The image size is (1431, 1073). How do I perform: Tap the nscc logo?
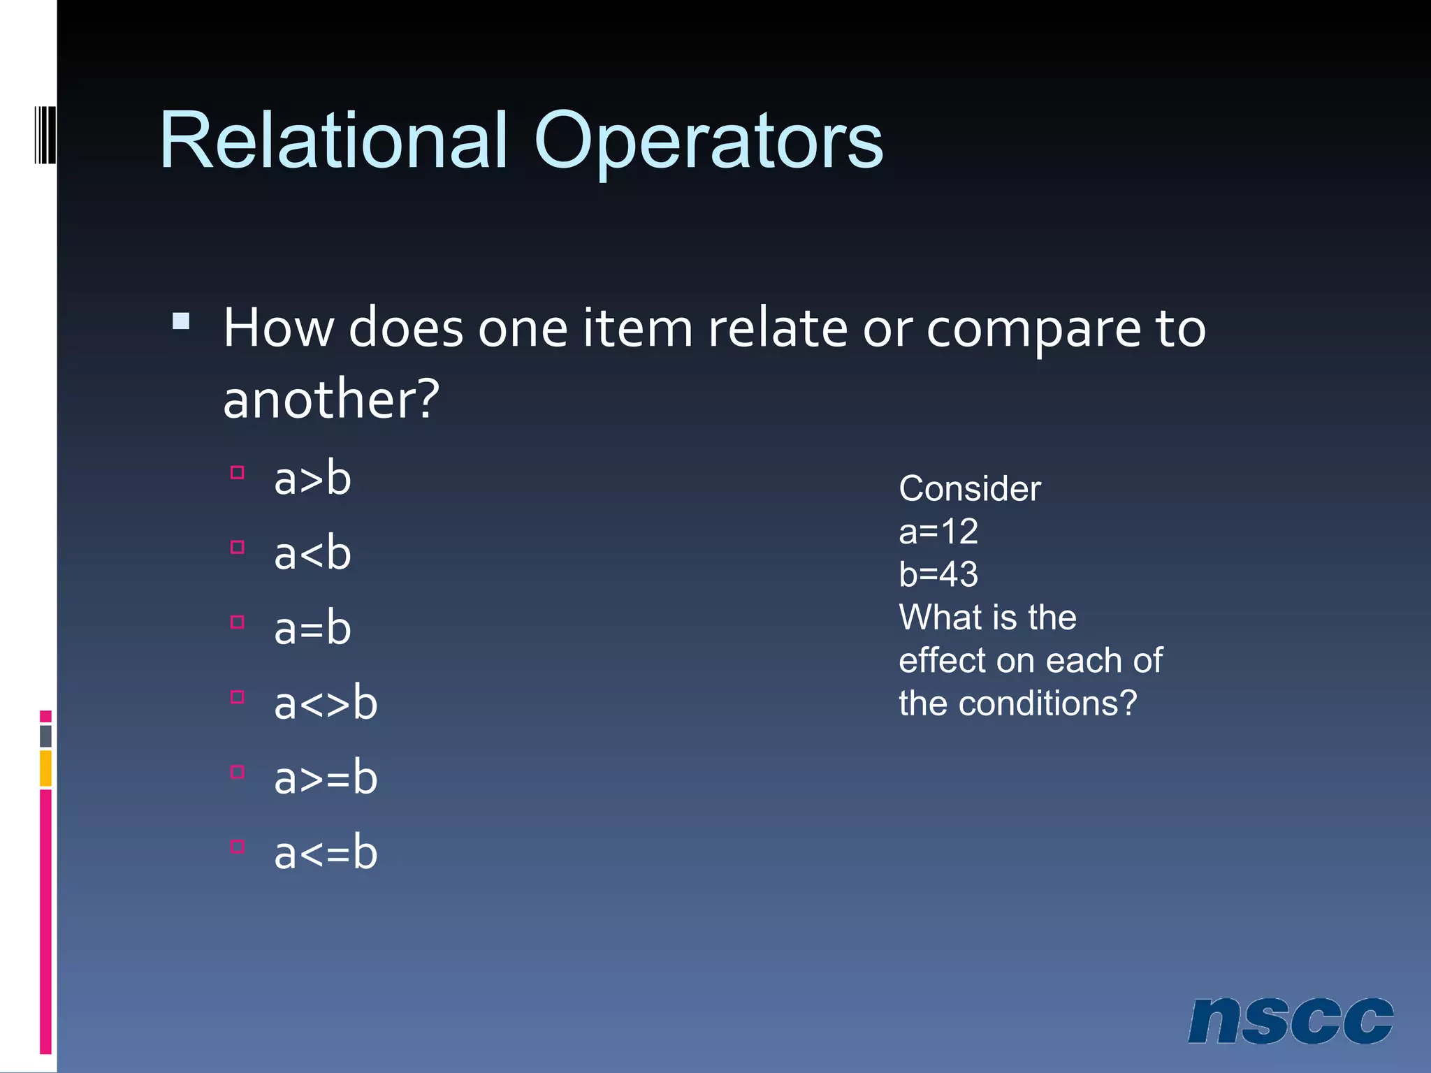(x=1290, y=1021)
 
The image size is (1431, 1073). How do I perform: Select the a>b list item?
(x=312, y=479)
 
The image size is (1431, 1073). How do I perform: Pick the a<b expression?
(x=312, y=554)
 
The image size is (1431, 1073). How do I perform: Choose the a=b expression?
(x=312, y=629)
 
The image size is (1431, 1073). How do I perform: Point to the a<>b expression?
(x=326, y=703)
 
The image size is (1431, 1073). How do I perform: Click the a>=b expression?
(x=326, y=778)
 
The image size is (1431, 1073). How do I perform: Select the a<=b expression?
(x=326, y=853)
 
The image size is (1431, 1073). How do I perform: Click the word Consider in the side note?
(x=970, y=488)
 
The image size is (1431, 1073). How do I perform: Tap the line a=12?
(x=938, y=532)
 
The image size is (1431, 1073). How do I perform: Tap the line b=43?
(x=938, y=575)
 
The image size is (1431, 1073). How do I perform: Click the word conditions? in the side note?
(x=1048, y=703)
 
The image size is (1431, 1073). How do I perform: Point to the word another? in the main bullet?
(x=331, y=399)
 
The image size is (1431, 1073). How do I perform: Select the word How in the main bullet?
(x=278, y=328)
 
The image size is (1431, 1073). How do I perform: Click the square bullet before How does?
(x=181, y=321)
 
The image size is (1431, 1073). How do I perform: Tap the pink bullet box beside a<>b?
(x=238, y=696)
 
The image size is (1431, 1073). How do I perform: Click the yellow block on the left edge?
(x=45, y=768)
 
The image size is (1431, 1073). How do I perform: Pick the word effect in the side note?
(x=941, y=661)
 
